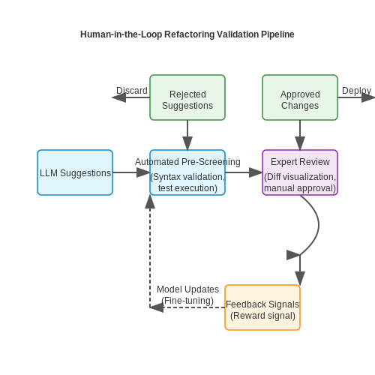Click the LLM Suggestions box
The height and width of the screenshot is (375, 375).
[x=75, y=172]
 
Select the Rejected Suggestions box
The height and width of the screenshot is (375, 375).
[x=187, y=97]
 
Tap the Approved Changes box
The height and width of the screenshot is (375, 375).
[x=300, y=97]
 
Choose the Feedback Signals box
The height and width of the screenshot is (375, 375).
[x=262, y=307]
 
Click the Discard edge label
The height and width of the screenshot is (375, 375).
[x=132, y=91]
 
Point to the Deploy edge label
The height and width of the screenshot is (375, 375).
[x=356, y=91]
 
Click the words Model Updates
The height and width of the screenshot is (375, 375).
[x=187, y=289]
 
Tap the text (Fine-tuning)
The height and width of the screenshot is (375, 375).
[x=187, y=301]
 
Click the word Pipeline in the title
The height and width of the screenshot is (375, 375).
[x=277, y=34]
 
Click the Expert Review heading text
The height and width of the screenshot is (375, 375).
[x=300, y=162]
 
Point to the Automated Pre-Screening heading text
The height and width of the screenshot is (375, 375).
[x=187, y=162]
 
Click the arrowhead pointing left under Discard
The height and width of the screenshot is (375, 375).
[x=118, y=97]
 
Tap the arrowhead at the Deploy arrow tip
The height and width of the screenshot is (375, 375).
[x=368, y=97]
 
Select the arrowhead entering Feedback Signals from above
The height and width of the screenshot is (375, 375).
[x=300, y=278]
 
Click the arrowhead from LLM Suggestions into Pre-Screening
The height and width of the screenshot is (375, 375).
[x=143, y=172]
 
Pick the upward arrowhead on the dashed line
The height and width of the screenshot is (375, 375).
[x=150, y=202]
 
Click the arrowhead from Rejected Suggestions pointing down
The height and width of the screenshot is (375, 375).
[x=187, y=143]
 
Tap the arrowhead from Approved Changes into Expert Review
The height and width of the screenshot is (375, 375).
[x=300, y=143]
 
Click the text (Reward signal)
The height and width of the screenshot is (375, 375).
[x=262, y=316]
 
